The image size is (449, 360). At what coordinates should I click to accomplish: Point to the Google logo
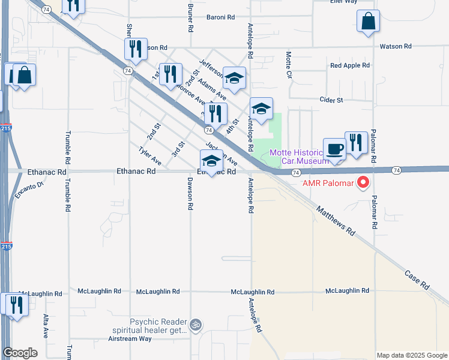coord(20,353)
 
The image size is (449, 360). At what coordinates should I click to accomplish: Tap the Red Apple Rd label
coord(348,65)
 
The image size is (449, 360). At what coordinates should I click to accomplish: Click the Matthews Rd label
coord(336,220)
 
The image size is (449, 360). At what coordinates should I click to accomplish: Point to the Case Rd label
coord(417,277)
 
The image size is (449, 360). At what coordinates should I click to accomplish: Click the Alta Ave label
coord(46,325)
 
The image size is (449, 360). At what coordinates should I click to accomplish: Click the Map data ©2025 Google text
coord(412,355)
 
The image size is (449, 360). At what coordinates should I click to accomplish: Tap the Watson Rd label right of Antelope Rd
coord(395,46)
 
